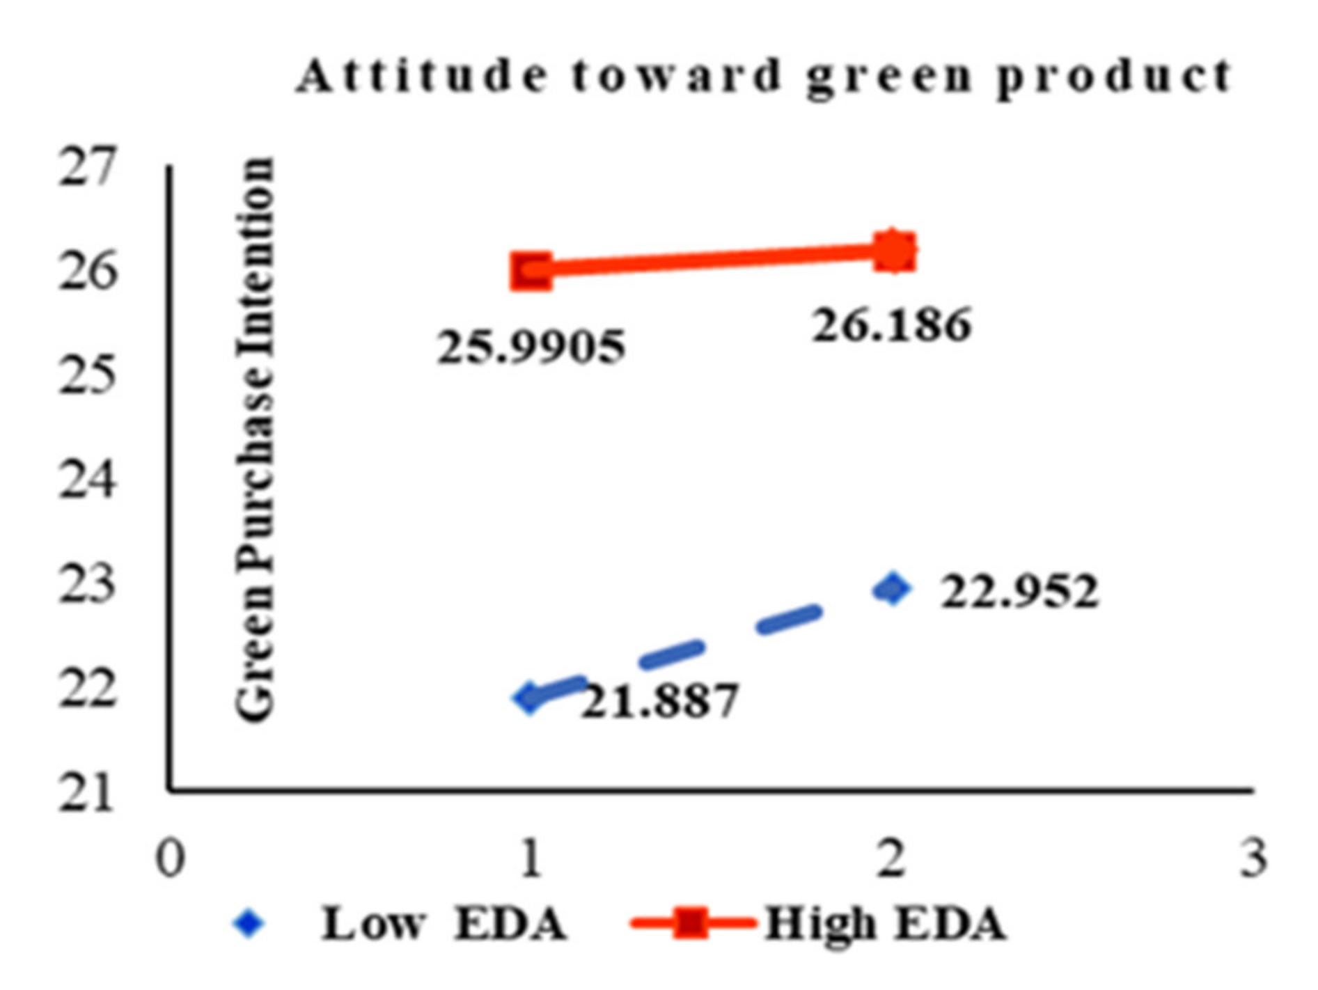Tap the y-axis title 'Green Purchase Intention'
pos(255,440)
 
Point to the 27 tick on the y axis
pos(86,167)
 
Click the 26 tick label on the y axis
pos(86,272)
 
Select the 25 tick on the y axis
pos(86,376)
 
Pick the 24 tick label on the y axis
pos(86,480)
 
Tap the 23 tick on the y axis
pos(86,585)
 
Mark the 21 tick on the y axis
pos(86,794)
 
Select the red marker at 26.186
pos(894,251)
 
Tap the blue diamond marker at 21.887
pos(531,697)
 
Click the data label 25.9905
pos(531,347)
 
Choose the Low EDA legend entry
pos(400,925)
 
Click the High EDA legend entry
pos(818,925)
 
